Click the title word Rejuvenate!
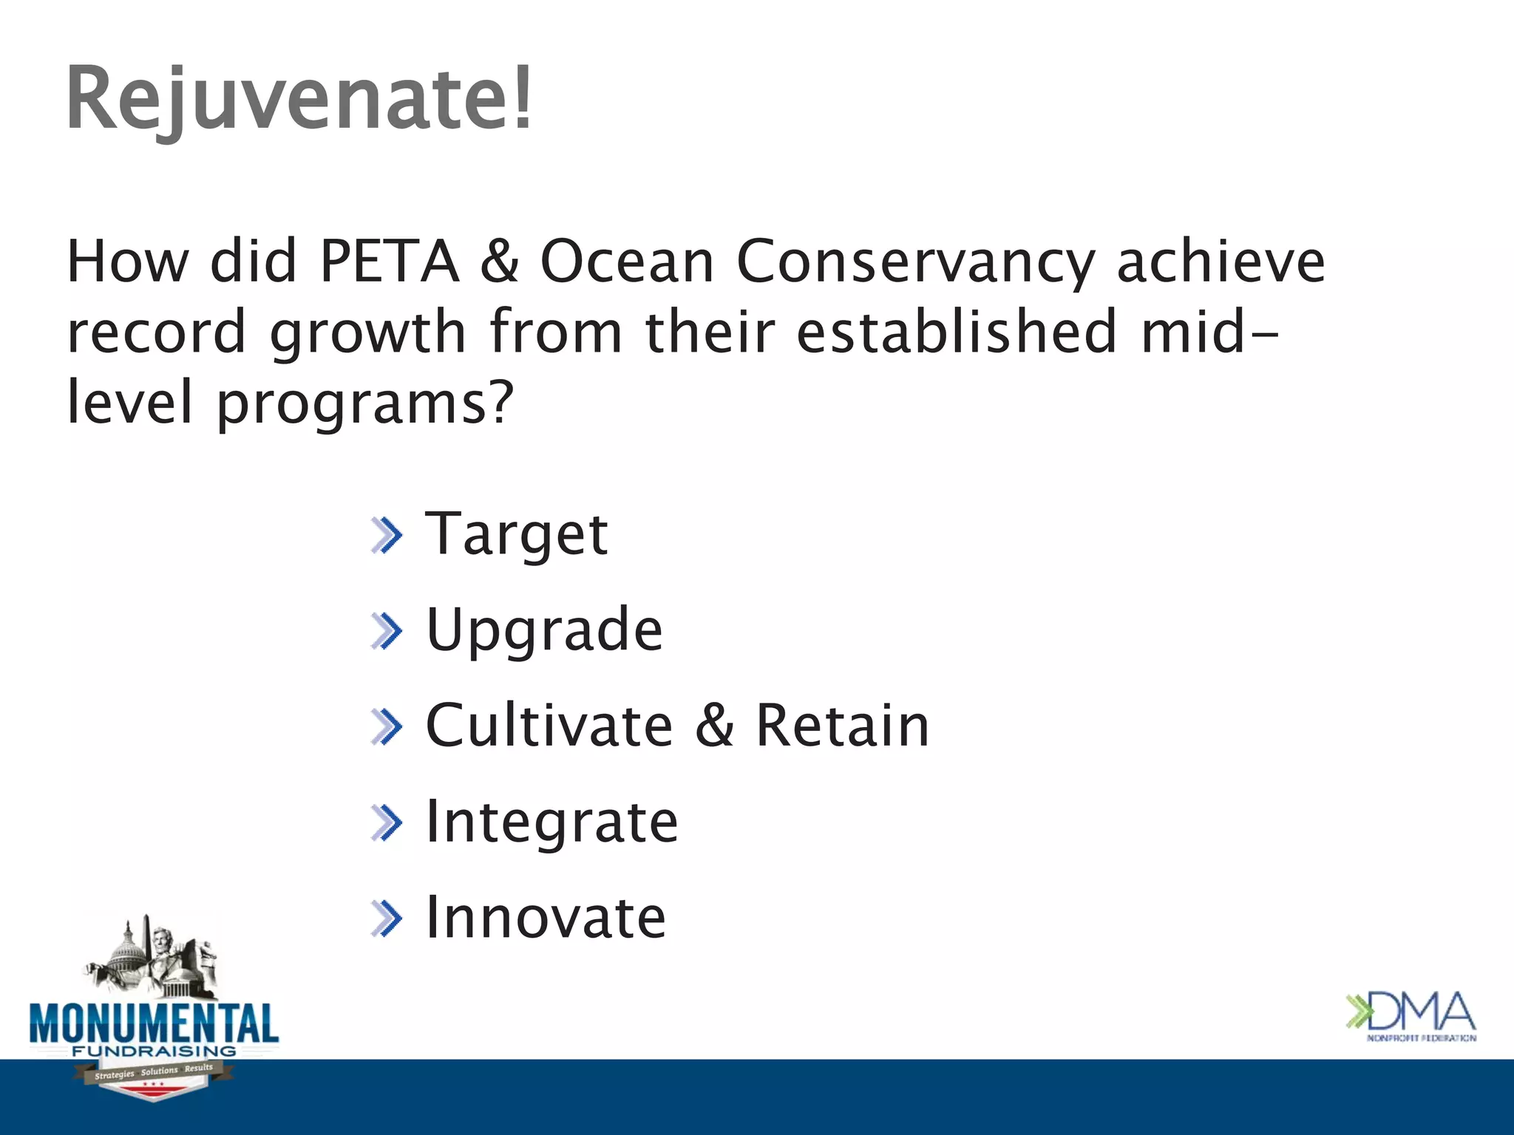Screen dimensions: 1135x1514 coord(299,100)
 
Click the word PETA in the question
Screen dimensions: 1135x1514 coord(389,262)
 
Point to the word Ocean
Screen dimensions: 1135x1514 coord(627,262)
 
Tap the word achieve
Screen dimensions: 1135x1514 coord(1221,262)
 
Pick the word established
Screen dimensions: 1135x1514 coord(956,332)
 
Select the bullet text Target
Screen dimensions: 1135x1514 coord(517,535)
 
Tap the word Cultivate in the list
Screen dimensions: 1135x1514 coord(549,726)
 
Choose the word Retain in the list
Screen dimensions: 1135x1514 coord(842,726)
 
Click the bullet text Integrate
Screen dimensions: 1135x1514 coord(552,822)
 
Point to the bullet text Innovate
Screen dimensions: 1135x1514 coord(546,918)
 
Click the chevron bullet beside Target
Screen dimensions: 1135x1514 coord(387,535)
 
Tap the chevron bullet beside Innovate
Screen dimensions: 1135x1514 coord(387,918)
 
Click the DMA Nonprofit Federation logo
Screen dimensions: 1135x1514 coord(1411,1016)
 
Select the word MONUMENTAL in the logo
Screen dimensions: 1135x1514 coord(154,1023)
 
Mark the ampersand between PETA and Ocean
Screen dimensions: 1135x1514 coord(500,262)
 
